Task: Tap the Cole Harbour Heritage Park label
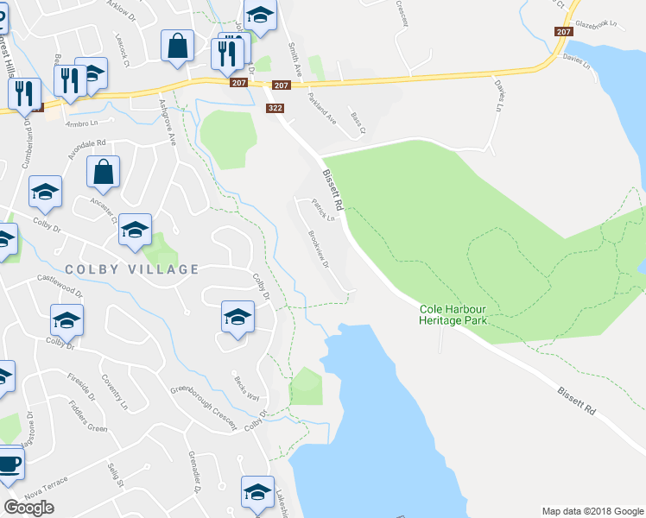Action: [453, 314]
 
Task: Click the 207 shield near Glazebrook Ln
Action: [564, 31]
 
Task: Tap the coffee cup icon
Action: [9, 463]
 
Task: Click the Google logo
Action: [29, 508]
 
